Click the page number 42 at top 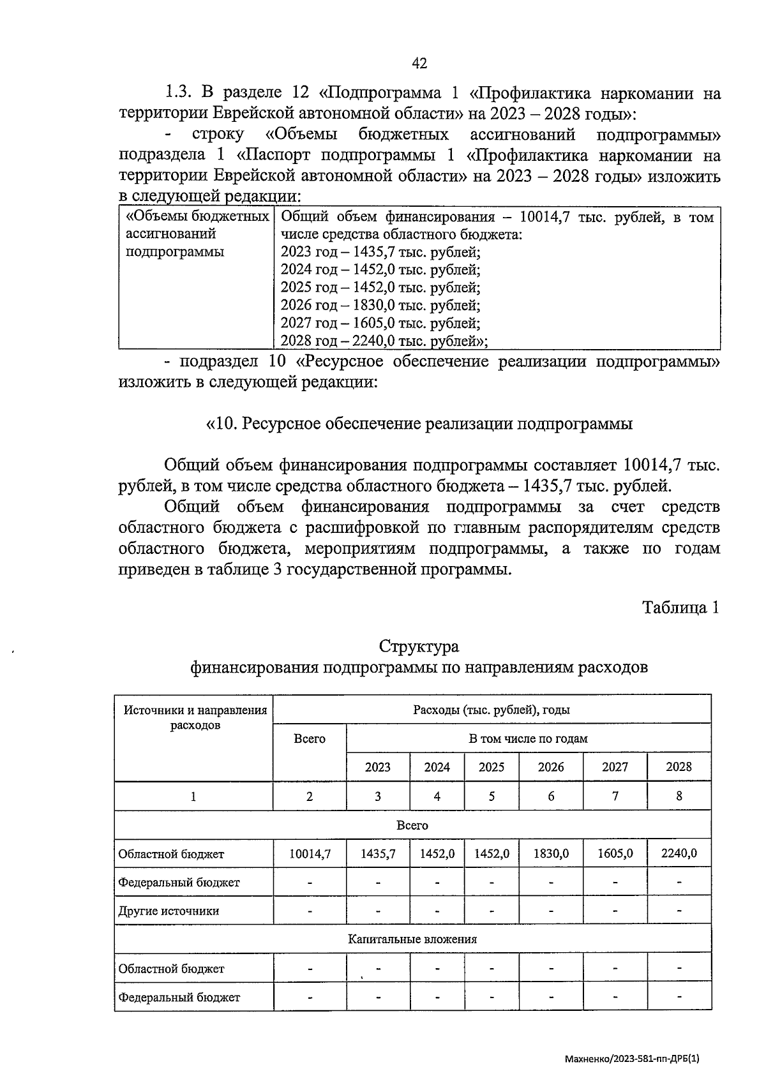click(419, 63)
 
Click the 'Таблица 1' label click(680, 607)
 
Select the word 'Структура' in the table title click(419, 646)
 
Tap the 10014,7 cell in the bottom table click(310, 853)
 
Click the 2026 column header click(551, 767)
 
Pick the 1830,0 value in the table click(551, 853)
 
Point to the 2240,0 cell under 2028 click(679, 853)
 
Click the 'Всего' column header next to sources click(310, 739)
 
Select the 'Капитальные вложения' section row click(412, 939)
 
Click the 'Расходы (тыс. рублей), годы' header click(492, 710)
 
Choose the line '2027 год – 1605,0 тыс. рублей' click(380, 324)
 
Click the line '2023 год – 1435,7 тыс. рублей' click(380, 252)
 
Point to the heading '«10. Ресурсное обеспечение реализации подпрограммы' click(419, 424)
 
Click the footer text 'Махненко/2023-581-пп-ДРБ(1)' click(632, 1059)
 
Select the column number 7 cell click(615, 796)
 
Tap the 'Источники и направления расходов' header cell click(195, 717)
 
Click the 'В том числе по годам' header click(528, 739)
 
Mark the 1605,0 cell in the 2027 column click(615, 853)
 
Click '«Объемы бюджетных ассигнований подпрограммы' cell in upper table click(196, 234)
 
